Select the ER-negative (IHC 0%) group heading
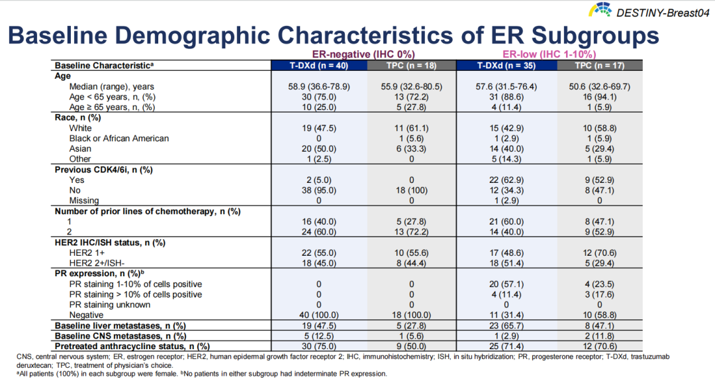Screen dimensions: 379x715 tap(363, 54)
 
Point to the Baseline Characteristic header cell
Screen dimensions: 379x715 tap(104, 66)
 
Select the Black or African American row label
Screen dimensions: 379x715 tap(119, 138)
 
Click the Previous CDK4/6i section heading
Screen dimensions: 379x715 tap(104, 170)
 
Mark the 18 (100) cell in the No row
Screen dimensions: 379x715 tap(411, 190)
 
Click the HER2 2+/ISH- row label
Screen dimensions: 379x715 tap(101, 263)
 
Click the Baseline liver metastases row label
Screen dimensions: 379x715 tap(120, 325)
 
